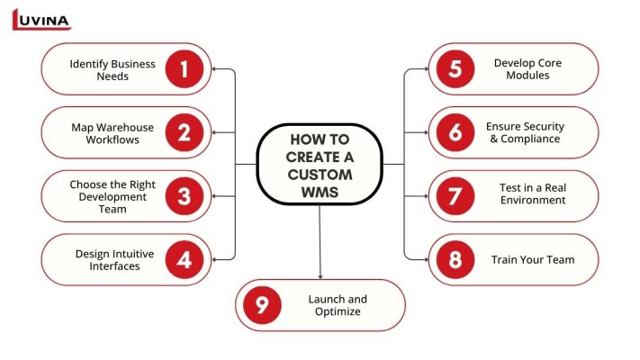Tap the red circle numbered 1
(185, 69)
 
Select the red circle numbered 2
(185, 133)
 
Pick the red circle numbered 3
(185, 196)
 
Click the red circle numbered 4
(185, 260)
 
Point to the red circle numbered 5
(455, 69)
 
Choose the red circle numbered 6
(455, 133)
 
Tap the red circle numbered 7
(455, 196)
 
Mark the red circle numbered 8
(455, 260)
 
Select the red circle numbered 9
(262, 305)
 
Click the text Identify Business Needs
(113, 70)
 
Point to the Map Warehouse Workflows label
(113, 133)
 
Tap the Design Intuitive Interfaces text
(114, 260)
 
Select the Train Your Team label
(533, 260)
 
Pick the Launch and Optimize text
(338, 305)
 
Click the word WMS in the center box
(320, 191)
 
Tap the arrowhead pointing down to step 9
(320, 274)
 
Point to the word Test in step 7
(511, 188)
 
